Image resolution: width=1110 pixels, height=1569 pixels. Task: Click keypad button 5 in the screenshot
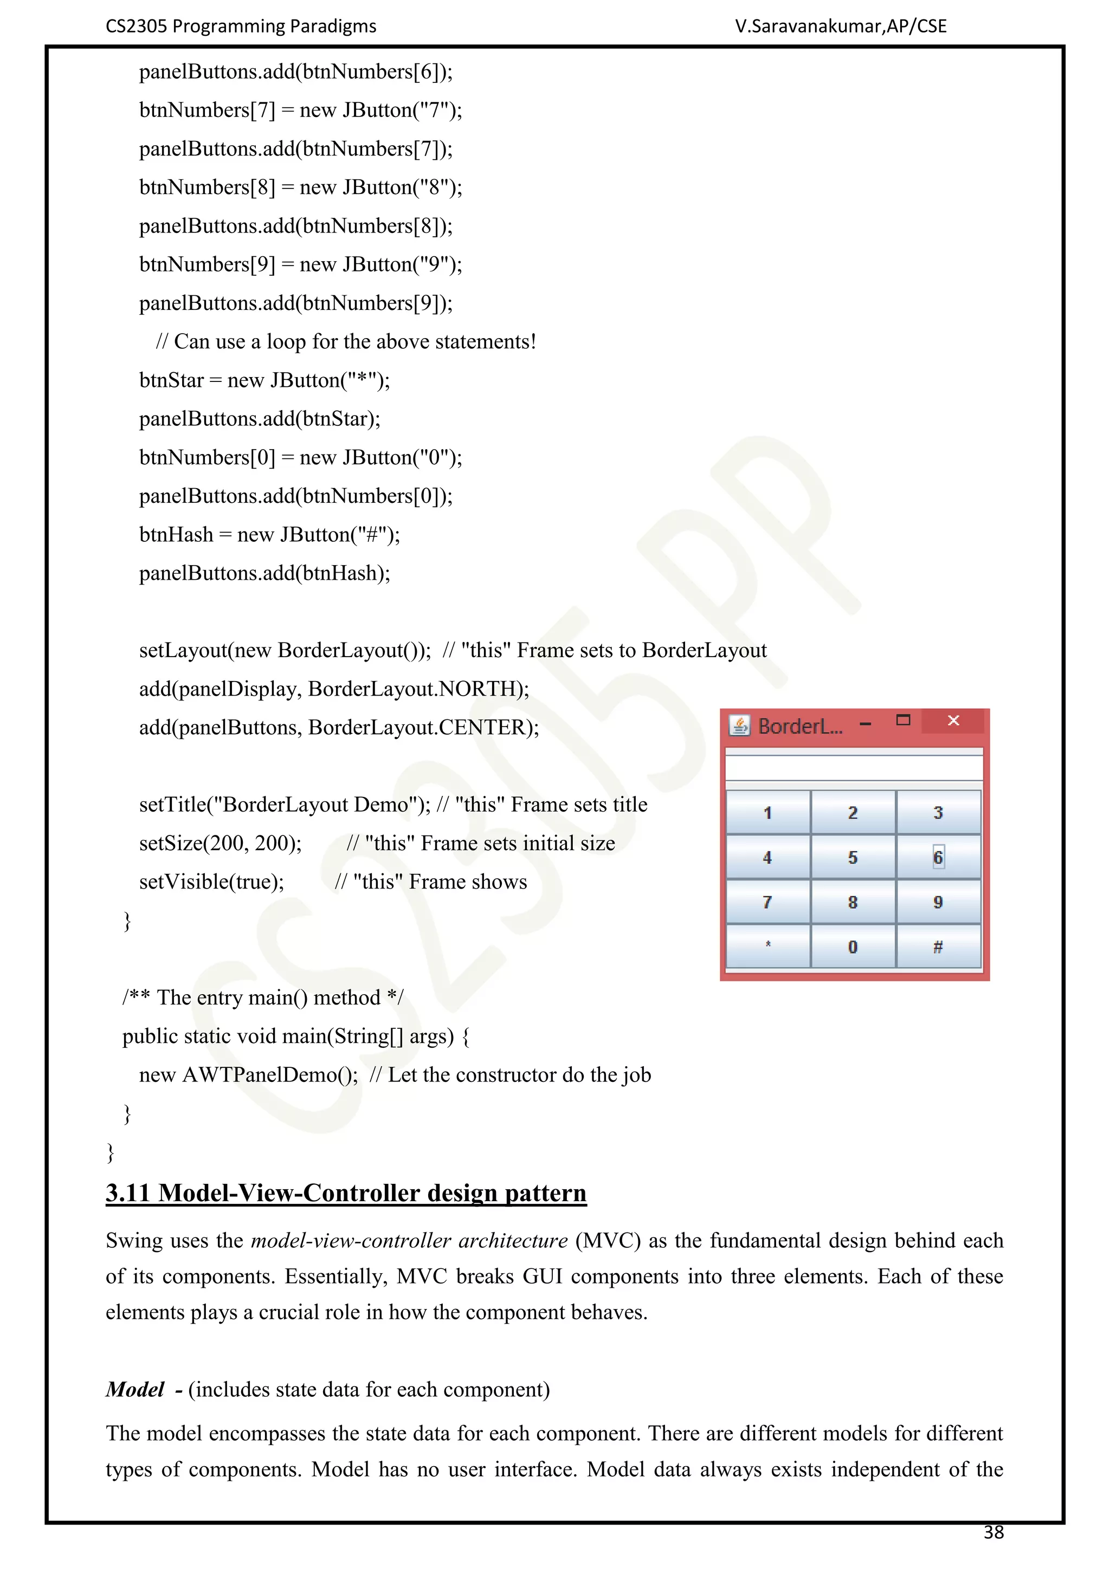click(x=853, y=857)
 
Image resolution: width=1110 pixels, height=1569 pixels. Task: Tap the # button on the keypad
click(x=938, y=947)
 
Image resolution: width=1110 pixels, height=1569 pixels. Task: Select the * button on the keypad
click(x=767, y=947)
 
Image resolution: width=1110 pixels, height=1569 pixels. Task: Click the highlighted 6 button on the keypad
click(x=938, y=857)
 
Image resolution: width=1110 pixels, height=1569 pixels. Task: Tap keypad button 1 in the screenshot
click(x=767, y=813)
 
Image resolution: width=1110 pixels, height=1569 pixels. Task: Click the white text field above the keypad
click(x=854, y=767)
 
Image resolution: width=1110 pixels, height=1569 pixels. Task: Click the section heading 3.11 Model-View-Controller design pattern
click(x=346, y=1192)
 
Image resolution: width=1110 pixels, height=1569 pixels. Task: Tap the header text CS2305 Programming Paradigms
click(x=241, y=26)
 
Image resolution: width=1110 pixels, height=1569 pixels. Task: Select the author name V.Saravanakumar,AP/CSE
click(x=841, y=26)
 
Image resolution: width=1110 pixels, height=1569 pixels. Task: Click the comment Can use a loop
click(x=346, y=341)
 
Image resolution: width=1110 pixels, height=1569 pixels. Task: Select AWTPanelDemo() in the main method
click(x=269, y=1075)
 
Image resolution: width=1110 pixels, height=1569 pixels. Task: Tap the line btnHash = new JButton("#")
click(x=269, y=534)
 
